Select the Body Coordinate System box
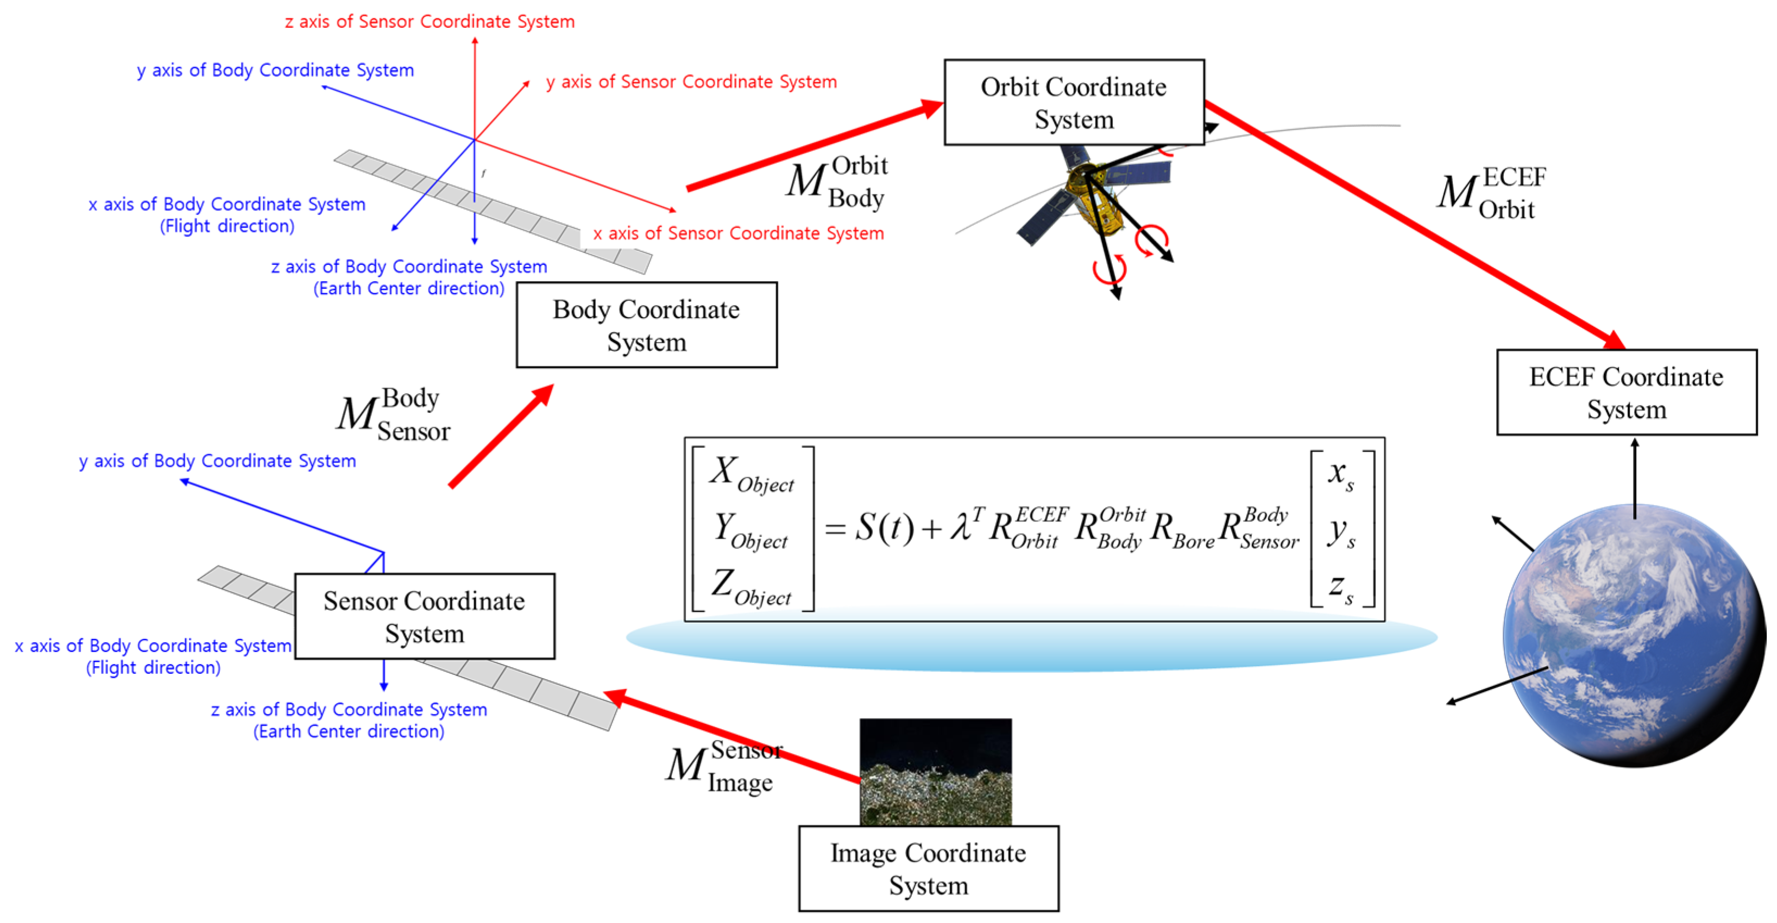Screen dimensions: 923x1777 646,325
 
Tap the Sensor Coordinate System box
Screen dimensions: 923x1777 424,616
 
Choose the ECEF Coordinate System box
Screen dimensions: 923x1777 1626,393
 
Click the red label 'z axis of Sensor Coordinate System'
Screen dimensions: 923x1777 429,21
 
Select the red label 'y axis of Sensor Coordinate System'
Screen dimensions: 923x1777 691,81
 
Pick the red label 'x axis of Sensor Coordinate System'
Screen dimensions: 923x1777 738,233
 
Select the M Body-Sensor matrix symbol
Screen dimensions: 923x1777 392,414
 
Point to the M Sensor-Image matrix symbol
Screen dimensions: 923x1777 721,766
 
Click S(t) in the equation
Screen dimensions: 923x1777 884,528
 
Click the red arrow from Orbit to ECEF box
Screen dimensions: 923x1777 1414,224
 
